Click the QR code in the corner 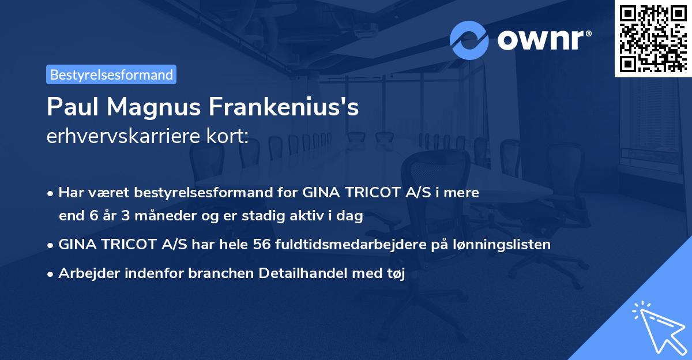click(x=653, y=38)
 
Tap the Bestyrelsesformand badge click(x=111, y=74)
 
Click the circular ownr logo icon click(x=470, y=40)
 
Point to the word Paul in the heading click(x=68, y=107)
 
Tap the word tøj click(x=395, y=273)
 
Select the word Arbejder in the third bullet click(x=85, y=273)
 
